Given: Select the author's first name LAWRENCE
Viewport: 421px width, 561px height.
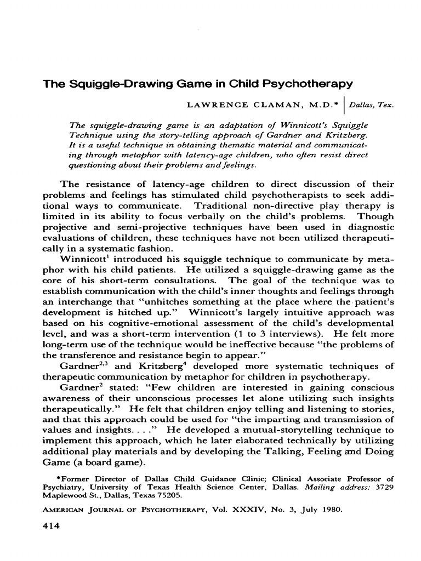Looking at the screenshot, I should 211,104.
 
